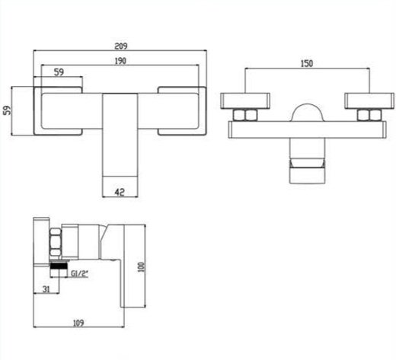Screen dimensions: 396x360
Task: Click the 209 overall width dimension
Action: [x=121, y=46]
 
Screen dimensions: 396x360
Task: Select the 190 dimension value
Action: [x=120, y=61]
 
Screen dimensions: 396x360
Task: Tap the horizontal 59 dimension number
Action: [x=59, y=72]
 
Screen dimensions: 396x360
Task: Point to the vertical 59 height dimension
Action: [x=8, y=110]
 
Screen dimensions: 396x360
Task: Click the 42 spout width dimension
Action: [x=120, y=192]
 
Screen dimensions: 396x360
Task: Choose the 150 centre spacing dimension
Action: [x=307, y=63]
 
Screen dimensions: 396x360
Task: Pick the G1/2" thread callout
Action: [x=79, y=274]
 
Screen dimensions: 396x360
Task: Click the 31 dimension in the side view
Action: [x=46, y=289]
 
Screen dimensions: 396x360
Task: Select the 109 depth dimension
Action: [x=78, y=323]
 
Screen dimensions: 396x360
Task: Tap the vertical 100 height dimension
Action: [x=141, y=267]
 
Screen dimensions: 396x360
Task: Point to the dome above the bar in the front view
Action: [x=308, y=112]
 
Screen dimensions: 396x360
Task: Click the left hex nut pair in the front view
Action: [x=245, y=115]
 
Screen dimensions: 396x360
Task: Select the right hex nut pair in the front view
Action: [x=369, y=115]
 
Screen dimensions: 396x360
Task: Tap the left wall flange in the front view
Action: [x=245, y=101]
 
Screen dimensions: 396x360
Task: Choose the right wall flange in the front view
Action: [x=369, y=101]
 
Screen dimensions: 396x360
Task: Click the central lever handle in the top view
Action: [x=120, y=135]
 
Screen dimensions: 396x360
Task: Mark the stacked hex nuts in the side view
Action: [x=56, y=242]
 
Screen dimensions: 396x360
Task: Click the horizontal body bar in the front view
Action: [x=308, y=129]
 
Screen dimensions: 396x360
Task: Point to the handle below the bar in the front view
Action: [x=308, y=161]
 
